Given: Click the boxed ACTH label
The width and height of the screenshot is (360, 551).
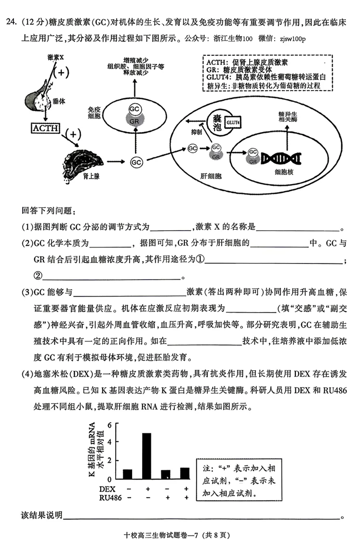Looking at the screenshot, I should (x=45, y=129).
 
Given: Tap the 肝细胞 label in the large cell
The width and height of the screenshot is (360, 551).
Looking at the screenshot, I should (x=211, y=176).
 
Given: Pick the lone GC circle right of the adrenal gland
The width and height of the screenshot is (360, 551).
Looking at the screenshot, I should (x=136, y=162).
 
